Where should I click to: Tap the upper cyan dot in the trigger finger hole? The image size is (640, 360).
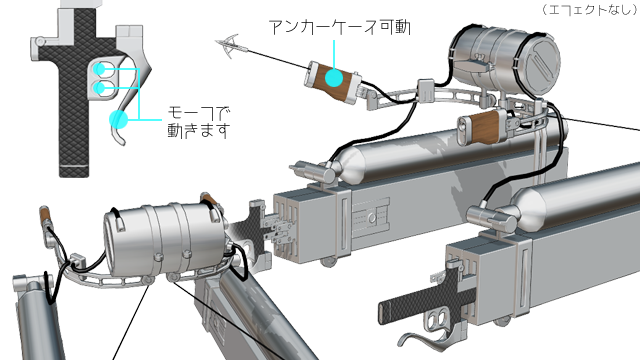point(102,70)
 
